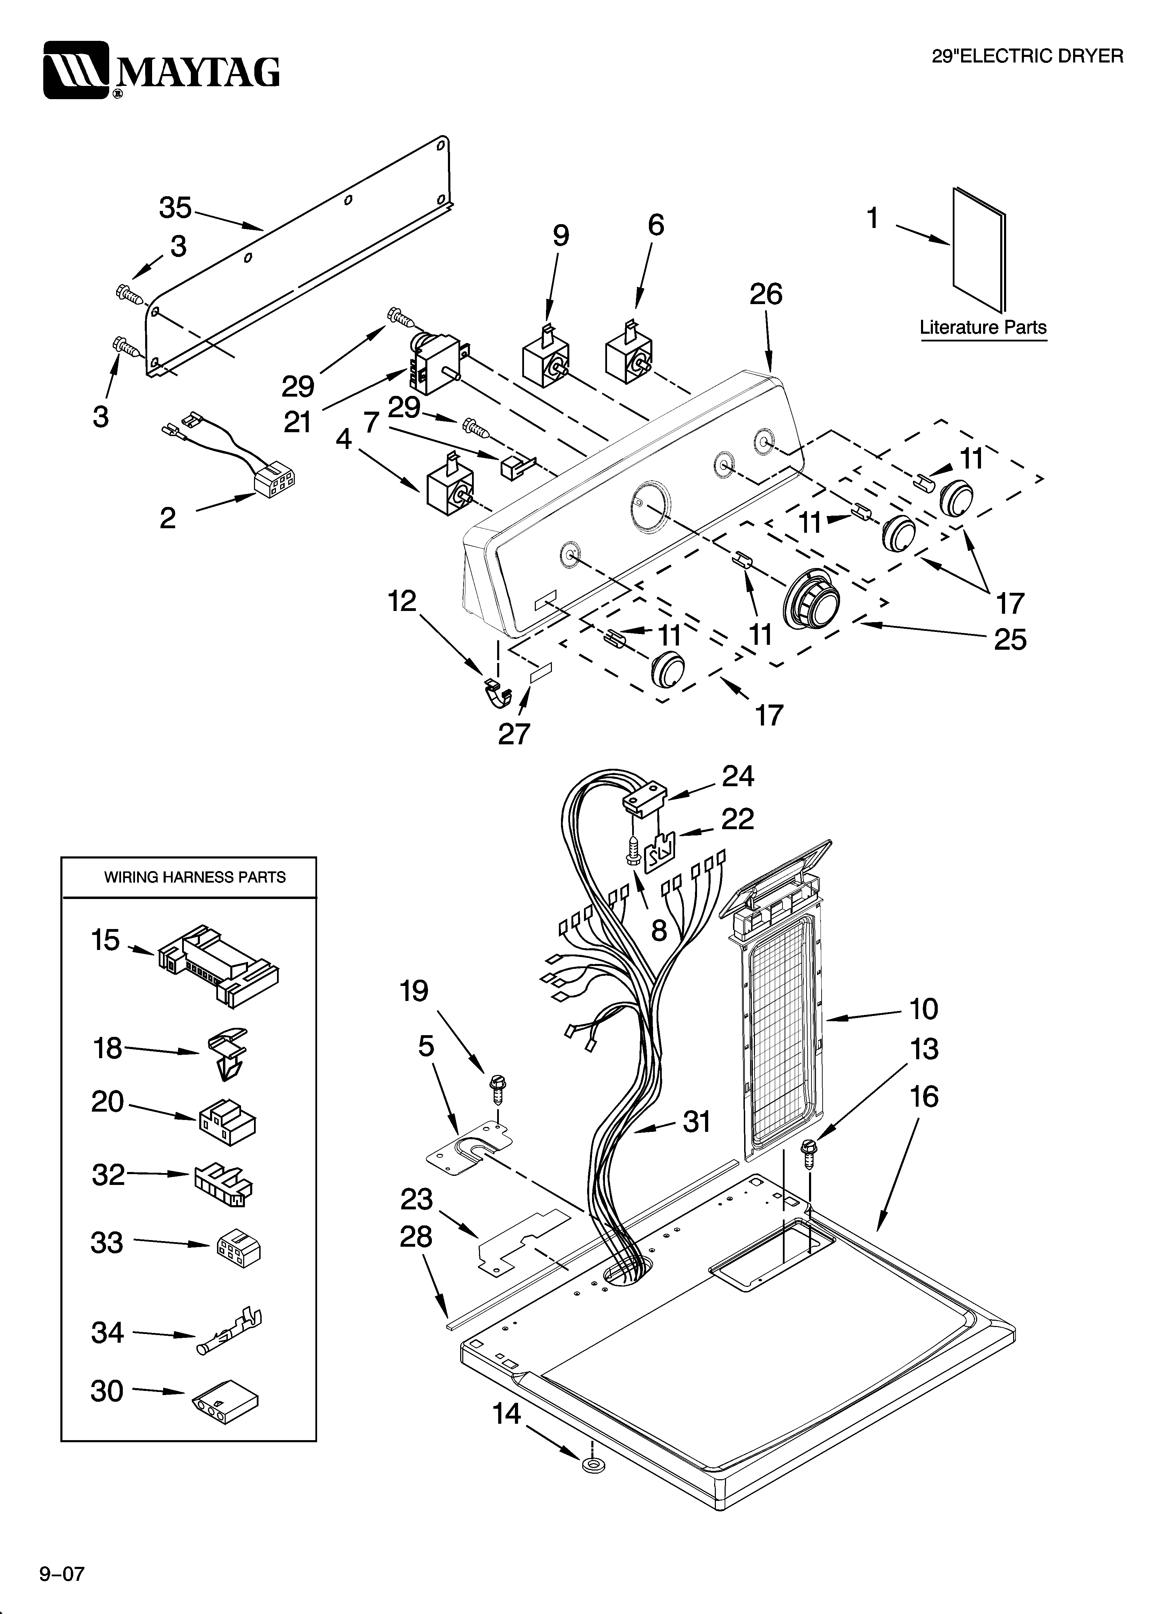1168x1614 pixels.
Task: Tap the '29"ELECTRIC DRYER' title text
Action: coord(1027,56)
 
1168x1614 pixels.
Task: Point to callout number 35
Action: coord(175,208)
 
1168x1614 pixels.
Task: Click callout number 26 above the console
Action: coord(765,294)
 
